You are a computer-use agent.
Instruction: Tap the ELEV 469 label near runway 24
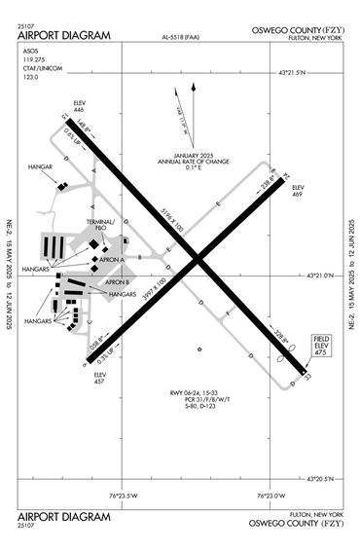tap(298, 190)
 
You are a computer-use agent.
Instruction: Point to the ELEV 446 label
tap(80, 105)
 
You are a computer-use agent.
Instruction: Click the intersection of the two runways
tap(198, 260)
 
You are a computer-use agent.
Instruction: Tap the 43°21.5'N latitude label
tap(298, 73)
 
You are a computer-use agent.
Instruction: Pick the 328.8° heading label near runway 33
tap(256, 336)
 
